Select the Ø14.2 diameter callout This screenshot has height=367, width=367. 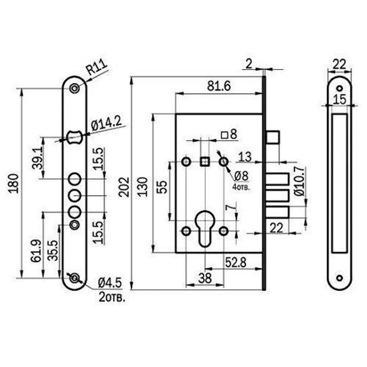coord(106,124)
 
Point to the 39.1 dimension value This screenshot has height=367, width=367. coord(37,158)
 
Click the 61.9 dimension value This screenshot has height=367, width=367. coord(36,251)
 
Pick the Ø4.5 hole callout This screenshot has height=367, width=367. coord(110,283)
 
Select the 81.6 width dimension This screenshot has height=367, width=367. coord(219,86)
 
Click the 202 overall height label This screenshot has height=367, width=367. coord(124,187)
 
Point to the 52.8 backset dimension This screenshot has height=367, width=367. coord(236,262)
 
